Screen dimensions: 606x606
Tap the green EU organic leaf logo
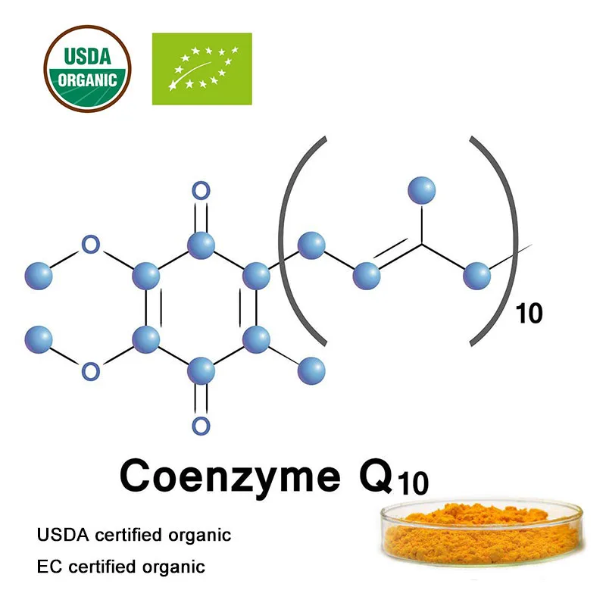[x=202, y=69]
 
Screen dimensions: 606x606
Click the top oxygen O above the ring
[x=201, y=191]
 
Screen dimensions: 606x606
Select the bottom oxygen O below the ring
[x=201, y=424]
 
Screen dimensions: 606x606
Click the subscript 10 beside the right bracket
[x=529, y=313]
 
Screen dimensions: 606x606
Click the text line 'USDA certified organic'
[x=134, y=536]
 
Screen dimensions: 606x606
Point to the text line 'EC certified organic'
[x=121, y=566]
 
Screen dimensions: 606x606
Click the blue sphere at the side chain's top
[x=422, y=190]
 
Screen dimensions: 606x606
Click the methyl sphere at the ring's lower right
[x=311, y=371]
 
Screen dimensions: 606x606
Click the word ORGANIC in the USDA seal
[x=87, y=79]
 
